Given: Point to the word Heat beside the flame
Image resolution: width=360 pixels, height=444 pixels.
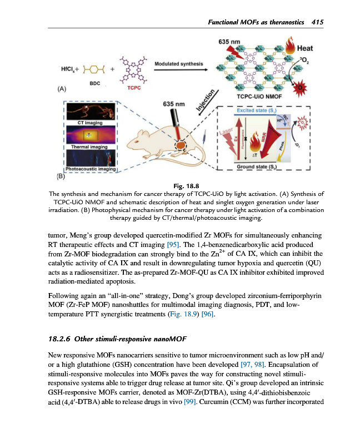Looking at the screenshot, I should click(x=306, y=48).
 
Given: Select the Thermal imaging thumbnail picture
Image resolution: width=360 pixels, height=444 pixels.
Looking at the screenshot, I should click(x=88, y=134).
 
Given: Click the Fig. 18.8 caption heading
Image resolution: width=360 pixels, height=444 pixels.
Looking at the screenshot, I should click(x=180, y=185).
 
